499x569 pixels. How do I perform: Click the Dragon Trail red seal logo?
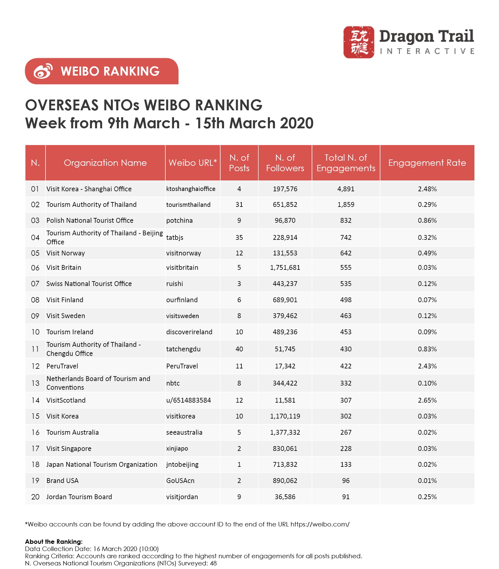[x=359, y=42]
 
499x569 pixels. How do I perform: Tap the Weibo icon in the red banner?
[x=43, y=71]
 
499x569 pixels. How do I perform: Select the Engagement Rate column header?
[x=427, y=163]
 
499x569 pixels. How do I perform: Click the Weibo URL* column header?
[x=193, y=163]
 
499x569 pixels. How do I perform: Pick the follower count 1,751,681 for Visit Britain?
[x=285, y=267]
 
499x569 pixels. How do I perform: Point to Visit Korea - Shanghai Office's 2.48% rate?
[x=427, y=189]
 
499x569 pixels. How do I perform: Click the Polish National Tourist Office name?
[x=90, y=220]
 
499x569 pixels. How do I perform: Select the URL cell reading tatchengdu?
[x=183, y=349]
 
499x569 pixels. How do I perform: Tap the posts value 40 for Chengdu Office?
[x=239, y=349]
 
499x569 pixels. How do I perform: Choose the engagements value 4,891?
[x=346, y=189]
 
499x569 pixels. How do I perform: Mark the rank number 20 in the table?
[x=35, y=497]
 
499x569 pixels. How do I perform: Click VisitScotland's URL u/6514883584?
[x=188, y=400]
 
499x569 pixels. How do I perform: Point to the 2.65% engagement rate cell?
[x=427, y=400]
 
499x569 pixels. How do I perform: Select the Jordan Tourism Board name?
[x=79, y=497]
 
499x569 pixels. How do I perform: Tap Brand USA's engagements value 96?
[x=346, y=481]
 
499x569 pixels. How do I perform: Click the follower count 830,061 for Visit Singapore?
[x=285, y=448]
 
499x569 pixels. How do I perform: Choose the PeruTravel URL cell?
[x=182, y=366]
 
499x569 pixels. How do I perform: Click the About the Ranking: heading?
[x=54, y=542]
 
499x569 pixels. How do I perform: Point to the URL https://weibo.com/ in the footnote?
[x=320, y=524]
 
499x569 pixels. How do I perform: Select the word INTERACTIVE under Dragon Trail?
[x=427, y=51]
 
